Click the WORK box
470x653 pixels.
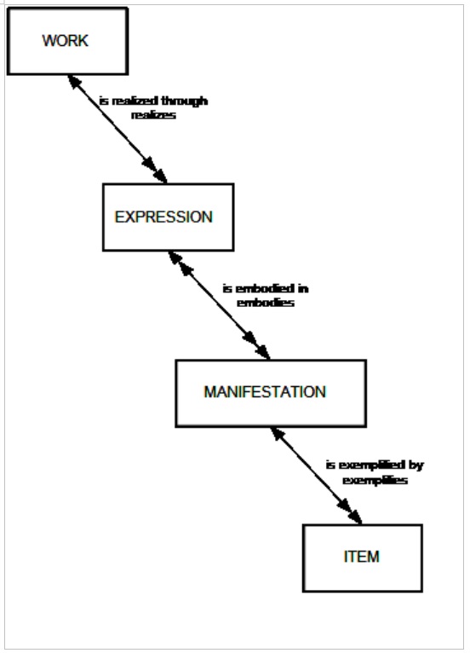point(67,41)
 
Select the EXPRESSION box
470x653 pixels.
point(168,217)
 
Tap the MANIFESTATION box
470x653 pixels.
point(271,393)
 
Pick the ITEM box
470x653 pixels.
point(362,558)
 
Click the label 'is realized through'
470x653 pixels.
point(153,101)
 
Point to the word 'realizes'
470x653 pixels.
point(153,115)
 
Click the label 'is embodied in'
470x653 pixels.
point(266,288)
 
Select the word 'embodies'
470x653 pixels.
point(266,303)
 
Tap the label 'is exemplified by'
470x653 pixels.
point(375,465)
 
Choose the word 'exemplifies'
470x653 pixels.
point(375,480)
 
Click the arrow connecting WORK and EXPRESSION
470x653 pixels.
point(117,129)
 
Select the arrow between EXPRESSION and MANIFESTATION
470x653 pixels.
point(219,305)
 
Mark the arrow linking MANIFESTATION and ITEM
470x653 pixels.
point(316,476)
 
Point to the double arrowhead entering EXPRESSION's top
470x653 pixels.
point(156,170)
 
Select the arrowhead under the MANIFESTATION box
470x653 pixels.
point(278,435)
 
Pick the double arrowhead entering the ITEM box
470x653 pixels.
point(350,511)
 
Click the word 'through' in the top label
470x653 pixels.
point(184,101)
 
